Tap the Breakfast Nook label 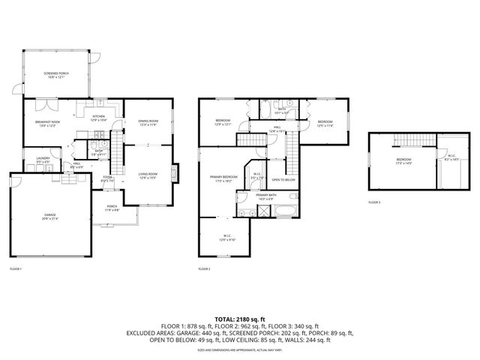tap(47, 122)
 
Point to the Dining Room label tap(148, 122)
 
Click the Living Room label tap(147, 175)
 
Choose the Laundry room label tap(33, 159)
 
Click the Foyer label tap(107, 178)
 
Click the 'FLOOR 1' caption tap(16, 268)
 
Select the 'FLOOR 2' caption tap(204, 268)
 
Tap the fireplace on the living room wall tap(175, 172)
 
